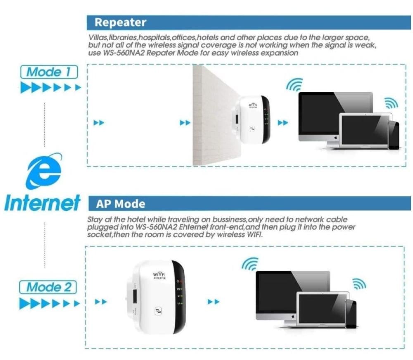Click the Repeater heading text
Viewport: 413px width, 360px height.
click(120, 22)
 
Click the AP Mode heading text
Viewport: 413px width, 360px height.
click(120, 203)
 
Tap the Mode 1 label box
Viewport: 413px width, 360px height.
click(49, 72)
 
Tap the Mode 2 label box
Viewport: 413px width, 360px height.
click(49, 287)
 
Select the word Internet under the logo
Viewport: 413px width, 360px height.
click(42, 203)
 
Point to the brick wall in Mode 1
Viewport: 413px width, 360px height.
click(211, 116)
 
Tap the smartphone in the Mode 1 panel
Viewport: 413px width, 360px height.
click(393, 135)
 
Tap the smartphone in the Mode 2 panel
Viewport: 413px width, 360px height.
click(351, 314)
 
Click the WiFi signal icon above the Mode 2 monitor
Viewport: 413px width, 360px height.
click(250, 264)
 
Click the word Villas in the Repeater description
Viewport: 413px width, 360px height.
click(96, 38)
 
